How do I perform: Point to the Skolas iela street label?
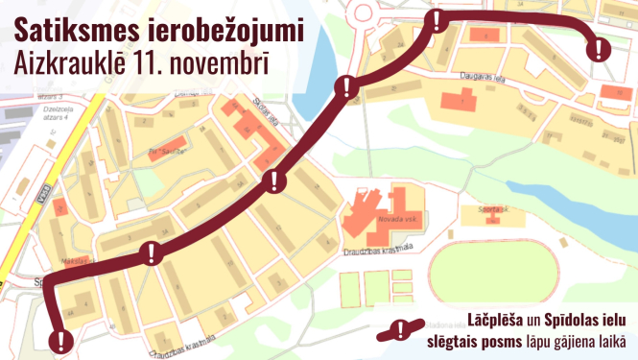point(264,118)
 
